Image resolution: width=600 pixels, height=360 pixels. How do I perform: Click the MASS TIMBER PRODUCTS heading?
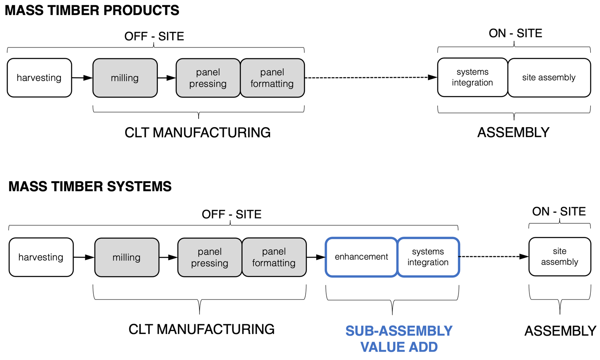(x=92, y=10)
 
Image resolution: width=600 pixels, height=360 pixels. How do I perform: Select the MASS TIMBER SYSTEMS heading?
(x=90, y=186)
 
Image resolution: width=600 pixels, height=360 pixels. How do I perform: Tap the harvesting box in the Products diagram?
(x=39, y=78)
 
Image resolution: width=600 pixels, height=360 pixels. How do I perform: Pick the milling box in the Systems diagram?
(x=127, y=257)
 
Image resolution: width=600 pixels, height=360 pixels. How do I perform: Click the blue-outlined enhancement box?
(x=361, y=257)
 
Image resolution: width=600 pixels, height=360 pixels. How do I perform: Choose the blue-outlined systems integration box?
(x=428, y=257)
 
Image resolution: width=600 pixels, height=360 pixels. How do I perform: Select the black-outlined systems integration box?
(x=472, y=78)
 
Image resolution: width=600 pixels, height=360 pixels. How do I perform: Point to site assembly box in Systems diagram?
(x=559, y=257)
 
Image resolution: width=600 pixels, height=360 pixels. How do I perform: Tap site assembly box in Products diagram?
(x=549, y=78)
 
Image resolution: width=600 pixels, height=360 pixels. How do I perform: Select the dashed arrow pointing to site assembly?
(x=494, y=256)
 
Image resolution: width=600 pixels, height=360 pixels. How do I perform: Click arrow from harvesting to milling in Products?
(x=82, y=78)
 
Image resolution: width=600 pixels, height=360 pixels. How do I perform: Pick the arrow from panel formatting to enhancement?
(x=316, y=257)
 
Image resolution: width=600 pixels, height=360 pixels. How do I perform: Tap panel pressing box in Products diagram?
(x=208, y=78)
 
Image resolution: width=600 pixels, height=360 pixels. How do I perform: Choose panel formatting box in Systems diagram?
(x=274, y=257)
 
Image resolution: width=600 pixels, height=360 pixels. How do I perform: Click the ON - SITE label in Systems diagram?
(x=559, y=211)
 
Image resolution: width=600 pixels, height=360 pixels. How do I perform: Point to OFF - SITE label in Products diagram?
(x=154, y=37)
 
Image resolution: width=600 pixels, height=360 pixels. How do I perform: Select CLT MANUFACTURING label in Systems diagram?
(x=202, y=329)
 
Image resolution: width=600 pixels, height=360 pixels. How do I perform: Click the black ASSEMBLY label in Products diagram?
(x=513, y=133)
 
